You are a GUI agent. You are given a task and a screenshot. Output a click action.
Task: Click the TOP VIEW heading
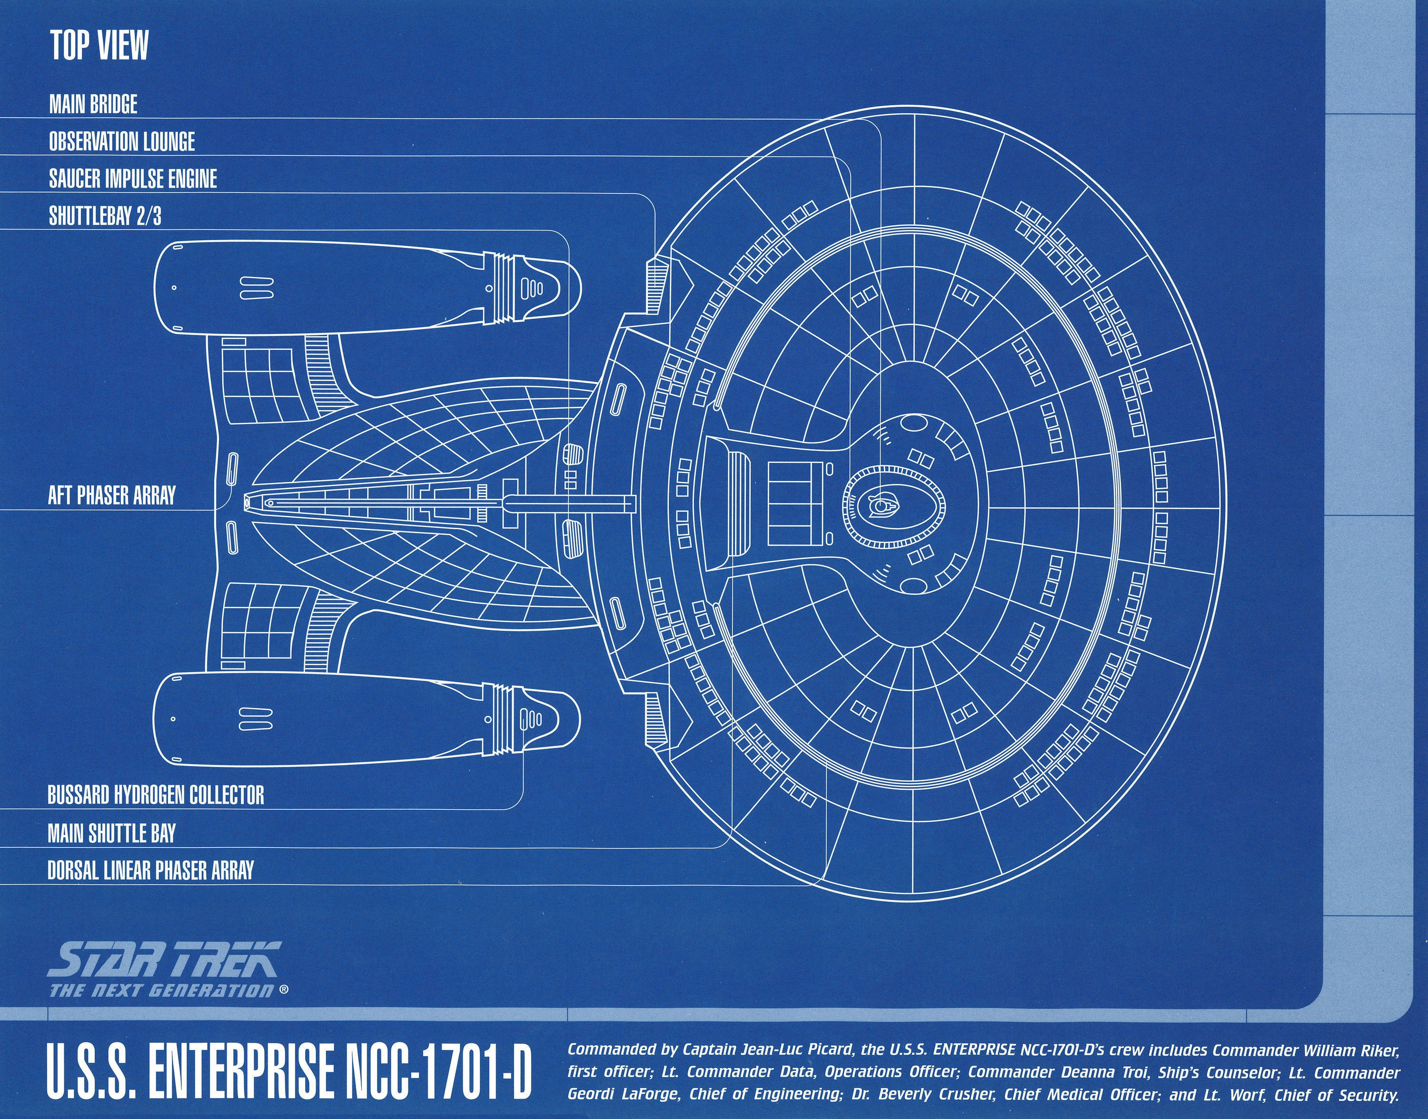coord(99,46)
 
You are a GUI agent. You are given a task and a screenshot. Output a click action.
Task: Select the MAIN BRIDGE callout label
coord(93,104)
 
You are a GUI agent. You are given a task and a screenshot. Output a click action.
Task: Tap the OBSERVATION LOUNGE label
coord(122,141)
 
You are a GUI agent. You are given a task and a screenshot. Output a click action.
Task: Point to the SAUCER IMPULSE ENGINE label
coord(133,179)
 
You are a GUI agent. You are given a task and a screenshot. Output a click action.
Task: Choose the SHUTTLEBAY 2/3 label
coord(105,216)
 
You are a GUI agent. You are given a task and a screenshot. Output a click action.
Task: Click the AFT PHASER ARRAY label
coord(112,495)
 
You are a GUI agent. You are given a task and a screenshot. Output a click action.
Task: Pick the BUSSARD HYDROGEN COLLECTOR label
coord(156,796)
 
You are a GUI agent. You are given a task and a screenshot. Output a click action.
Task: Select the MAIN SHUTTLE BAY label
coord(111,833)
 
